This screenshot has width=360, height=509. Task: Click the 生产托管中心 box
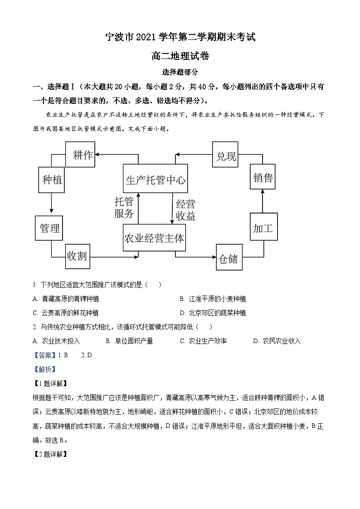pyautogui.click(x=156, y=179)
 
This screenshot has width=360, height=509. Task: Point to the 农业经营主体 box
pyautogui.click(x=155, y=238)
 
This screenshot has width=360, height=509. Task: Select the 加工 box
pyautogui.click(x=263, y=228)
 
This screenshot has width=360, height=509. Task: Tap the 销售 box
pyautogui.click(x=263, y=178)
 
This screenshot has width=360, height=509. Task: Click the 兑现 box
pyautogui.click(x=226, y=155)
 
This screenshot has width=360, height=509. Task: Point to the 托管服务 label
pyautogui.click(x=124, y=208)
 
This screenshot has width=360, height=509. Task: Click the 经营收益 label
pyautogui.click(x=185, y=210)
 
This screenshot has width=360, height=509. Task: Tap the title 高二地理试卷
pyautogui.click(x=180, y=56)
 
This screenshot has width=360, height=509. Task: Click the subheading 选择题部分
pyautogui.click(x=180, y=72)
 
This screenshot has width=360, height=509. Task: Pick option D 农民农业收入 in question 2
pyautogui.click(x=277, y=341)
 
